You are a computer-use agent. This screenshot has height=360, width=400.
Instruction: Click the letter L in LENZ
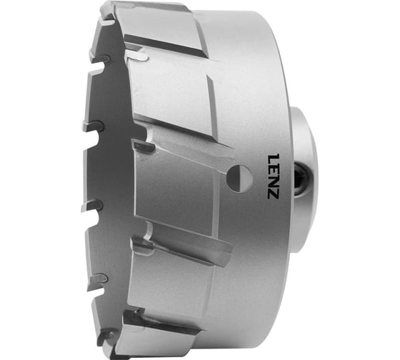point(272,159)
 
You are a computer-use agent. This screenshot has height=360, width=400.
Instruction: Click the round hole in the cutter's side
point(239,179)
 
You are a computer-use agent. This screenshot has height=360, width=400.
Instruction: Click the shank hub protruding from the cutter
point(304,179)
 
